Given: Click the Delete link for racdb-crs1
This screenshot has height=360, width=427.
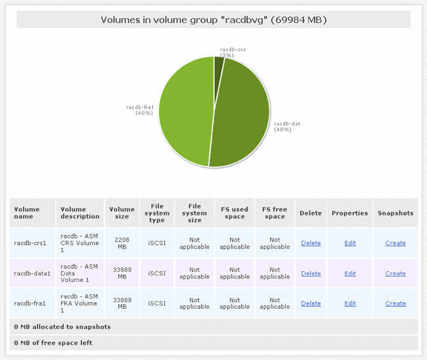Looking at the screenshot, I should pyautogui.click(x=311, y=243).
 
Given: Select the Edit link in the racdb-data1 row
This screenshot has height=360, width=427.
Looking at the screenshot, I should pyautogui.click(x=350, y=273).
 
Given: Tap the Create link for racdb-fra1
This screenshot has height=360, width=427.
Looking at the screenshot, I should pyautogui.click(x=395, y=304).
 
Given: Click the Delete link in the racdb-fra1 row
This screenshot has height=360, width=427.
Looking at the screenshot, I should pyautogui.click(x=311, y=304).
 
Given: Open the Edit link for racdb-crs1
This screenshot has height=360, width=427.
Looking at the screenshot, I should pyautogui.click(x=350, y=243).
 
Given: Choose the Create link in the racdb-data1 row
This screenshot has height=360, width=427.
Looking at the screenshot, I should pyautogui.click(x=395, y=273).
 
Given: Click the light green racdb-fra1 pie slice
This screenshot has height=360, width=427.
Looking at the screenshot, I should pyautogui.click(x=184, y=112).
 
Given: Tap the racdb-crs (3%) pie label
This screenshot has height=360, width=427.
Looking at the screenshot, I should pyautogui.click(x=233, y=52).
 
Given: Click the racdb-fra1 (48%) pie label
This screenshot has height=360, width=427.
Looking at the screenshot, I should pyautogui.click(x=140, y=109).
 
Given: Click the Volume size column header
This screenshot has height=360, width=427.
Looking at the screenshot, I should pyautogui.click(x=122, y=213).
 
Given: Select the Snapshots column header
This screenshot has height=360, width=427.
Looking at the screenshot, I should pyautogui.click(x=395, y=213).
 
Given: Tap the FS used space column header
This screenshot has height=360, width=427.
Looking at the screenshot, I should pyautogui.click(x=235, y=213).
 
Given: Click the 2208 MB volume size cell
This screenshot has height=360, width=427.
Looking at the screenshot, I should pyautogui.click(x=122, y=243).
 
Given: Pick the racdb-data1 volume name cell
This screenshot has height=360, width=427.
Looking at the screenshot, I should pyautogui.click(x=32, y=273).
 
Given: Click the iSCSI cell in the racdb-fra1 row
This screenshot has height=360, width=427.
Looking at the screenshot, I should pyautogui.click(x=157, y=304).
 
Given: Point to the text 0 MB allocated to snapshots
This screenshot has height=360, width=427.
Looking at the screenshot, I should pyautogui.click(x=62, y=326).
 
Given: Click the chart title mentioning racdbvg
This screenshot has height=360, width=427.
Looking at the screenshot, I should pyautogui.click(x=213, y=20).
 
